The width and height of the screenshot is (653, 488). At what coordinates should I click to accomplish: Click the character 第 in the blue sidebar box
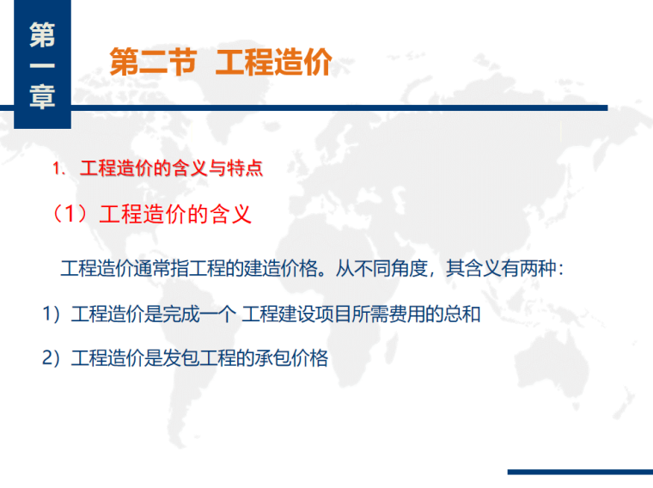pos(41,34)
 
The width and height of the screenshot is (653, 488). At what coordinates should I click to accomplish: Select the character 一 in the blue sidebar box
pos(41,66)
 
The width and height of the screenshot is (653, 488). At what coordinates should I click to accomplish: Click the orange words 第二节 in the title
pos(153,63)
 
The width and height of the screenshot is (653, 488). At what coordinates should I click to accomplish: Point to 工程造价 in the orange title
pos(273,63)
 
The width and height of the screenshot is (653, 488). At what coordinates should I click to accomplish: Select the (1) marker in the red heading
pos(71,214)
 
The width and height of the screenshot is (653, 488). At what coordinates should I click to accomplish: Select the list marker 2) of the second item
pos(52,359)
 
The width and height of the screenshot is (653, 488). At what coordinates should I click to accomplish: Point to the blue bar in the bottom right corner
pos(579,472)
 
